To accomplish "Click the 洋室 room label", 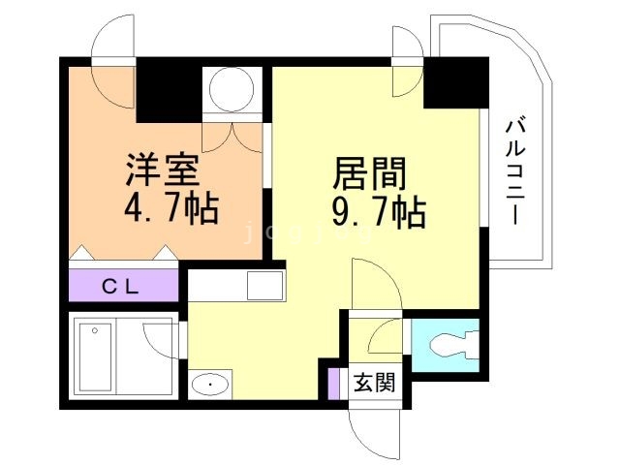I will (162, 170).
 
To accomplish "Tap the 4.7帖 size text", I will (170, 207).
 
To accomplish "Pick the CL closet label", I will (124, 286).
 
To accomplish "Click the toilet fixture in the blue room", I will (447, 345).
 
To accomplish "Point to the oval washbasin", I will (208, 386).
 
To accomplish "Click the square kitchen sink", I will (263, 286).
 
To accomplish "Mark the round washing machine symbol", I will (232, 90).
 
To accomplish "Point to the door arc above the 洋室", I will (112, 42).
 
